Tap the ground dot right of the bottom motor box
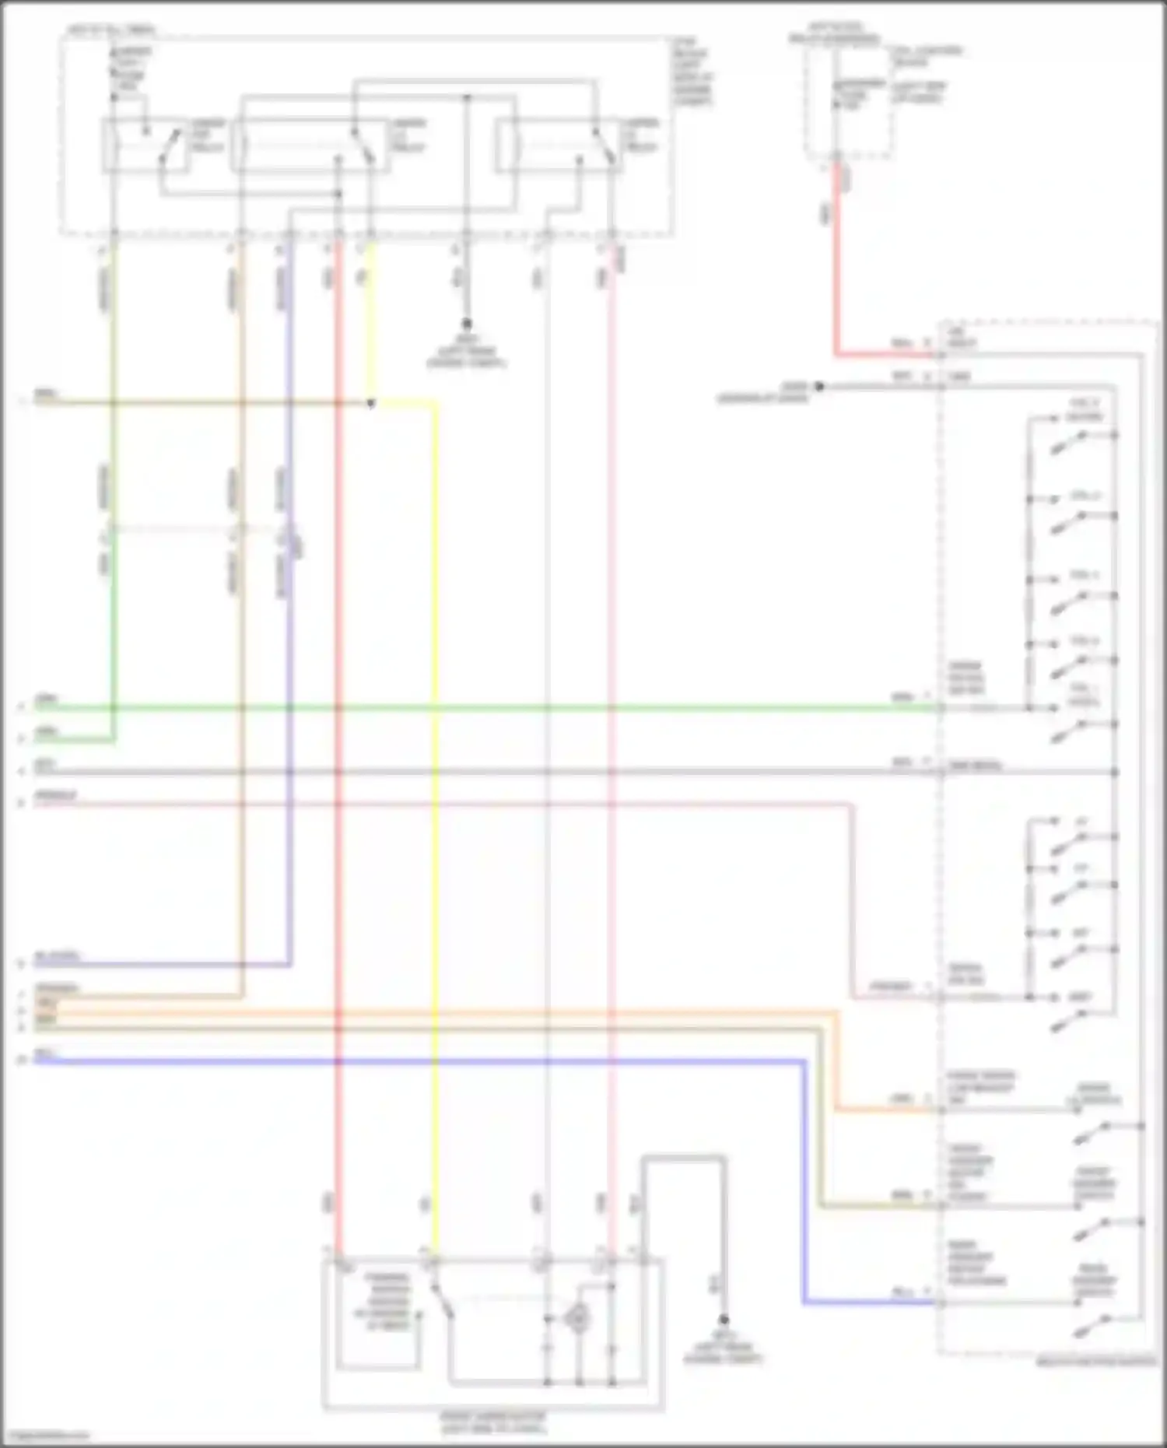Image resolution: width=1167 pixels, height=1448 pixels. click(724, 1320)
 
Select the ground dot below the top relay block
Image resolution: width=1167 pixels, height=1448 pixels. click(467, 323)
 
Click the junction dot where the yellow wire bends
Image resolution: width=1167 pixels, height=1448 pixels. click(371, 403)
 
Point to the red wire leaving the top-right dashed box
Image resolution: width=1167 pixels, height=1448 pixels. click(836, 257)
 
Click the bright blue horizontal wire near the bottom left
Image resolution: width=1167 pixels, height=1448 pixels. click(389, 1061)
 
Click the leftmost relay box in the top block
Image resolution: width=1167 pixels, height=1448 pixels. click(147, 146)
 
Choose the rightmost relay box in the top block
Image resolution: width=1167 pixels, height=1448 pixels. click(557, 146)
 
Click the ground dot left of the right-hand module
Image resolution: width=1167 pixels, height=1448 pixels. click(818, 386)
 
